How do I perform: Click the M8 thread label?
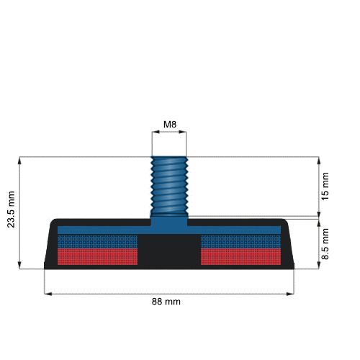pyautogui.click(x=170, y=125)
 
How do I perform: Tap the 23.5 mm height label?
pyautogui.click(x=11, y=210)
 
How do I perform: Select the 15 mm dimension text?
pyautogui.click(x=325, y=186)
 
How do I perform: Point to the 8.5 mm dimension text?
pyautogui.click(x=325, y=244)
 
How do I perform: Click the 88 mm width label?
pyautogui.click(x=166, y=302)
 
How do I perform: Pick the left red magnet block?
pyautogui.click(x=97, y=256)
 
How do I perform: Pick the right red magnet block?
pyautogui.click(x=240, y=256)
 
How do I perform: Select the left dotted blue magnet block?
pyautogui.click(x=97, y=241)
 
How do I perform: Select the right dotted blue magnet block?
pyautogui.click(x=240, y=241)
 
